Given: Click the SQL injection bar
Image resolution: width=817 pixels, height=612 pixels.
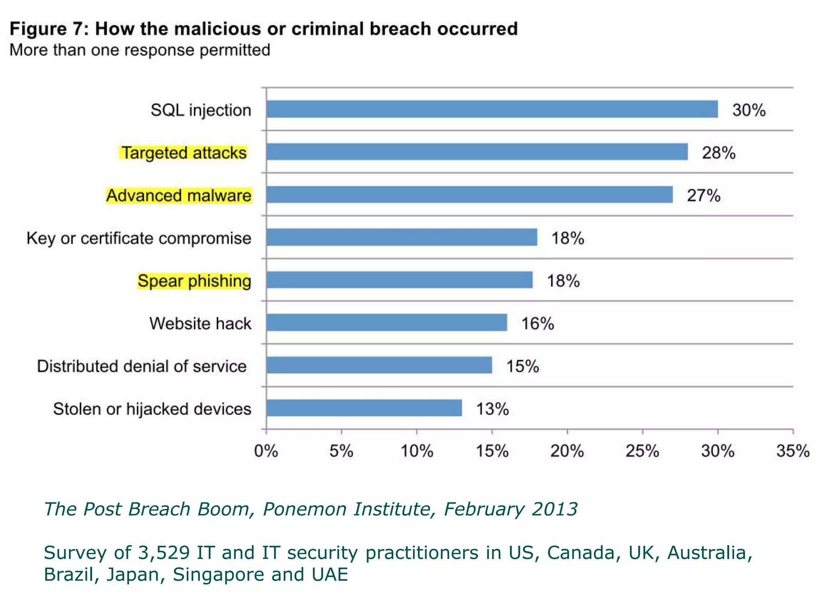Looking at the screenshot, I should (x=492, y=109).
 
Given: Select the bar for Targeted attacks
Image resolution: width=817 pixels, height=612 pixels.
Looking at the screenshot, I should (x=477, y=152).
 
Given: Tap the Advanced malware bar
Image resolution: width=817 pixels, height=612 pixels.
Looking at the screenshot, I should (x=470, y=194).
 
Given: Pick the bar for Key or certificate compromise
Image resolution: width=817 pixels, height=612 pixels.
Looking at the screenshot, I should (x=402, y=237).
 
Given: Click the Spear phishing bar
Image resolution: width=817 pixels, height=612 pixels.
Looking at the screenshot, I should (x=399, y=280).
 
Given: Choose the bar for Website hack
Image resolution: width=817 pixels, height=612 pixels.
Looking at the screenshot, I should (x=387, y=322).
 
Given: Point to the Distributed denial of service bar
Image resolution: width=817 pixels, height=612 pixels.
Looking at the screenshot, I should (x=379, y=365).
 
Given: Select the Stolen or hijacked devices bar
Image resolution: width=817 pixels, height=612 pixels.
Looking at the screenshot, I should (x=364, y=408).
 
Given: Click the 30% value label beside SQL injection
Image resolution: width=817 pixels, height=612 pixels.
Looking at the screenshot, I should (x=749, y=110).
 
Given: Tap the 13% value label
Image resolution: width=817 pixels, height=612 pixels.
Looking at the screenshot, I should (x=492, y=409).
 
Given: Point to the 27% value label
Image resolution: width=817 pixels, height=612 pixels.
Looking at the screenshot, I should (x=704, y=196).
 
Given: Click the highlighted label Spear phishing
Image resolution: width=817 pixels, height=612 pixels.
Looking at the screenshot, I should (x=194, y=281).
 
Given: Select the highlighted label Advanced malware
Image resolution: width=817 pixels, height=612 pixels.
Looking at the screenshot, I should (x=179, y=196).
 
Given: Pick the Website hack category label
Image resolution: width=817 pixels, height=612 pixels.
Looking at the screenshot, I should (x=200, y=324).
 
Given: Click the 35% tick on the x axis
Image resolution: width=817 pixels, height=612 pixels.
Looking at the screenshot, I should (x=793, y=451).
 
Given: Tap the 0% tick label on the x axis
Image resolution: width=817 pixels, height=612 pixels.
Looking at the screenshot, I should (x=266, y=451).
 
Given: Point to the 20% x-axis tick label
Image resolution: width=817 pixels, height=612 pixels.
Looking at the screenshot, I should (x=567, y=451).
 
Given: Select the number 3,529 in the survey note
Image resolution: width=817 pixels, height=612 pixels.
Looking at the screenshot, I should (x=164, y=553).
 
